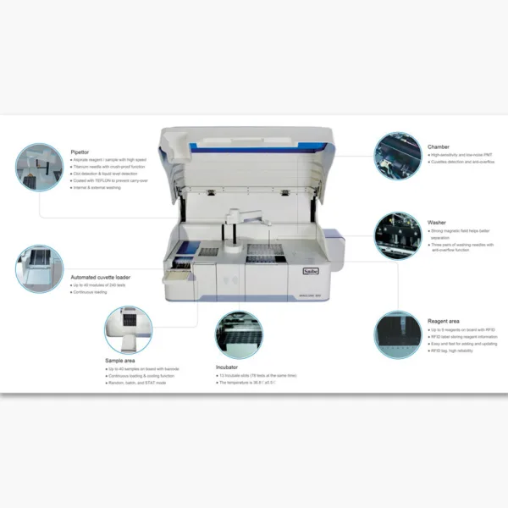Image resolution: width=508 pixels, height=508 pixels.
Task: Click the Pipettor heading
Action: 81,152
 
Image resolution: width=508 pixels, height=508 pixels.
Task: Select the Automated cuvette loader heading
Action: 100,277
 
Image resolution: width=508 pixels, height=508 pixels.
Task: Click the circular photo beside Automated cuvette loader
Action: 39,269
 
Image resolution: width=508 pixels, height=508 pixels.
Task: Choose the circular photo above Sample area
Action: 128,329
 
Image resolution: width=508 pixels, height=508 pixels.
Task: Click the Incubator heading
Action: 226,367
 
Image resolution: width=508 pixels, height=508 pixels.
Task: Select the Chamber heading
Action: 439,146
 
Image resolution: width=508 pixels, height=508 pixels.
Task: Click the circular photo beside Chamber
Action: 399,155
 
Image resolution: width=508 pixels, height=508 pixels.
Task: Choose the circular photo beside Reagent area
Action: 400,334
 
